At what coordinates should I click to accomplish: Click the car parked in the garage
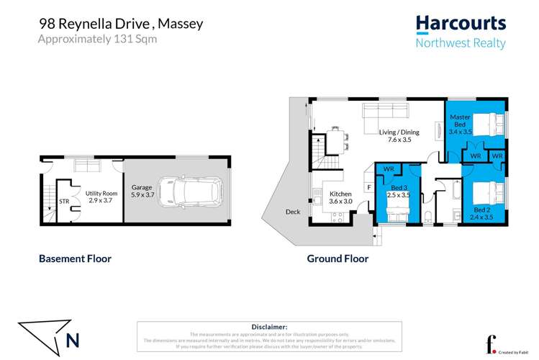point(194,192)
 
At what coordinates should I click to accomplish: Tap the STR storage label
point(63,202)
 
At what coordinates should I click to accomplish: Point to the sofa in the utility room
point(88,167)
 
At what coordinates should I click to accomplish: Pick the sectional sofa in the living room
point(385,112)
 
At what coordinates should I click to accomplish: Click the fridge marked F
point(369,187)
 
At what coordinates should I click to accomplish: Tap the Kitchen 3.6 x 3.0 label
point(341,197)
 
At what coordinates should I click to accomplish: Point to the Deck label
point(293,212)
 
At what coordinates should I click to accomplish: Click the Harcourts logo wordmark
point(461,24)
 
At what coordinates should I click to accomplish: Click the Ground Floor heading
point(338,258)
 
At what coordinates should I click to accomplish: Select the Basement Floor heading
point(75,258)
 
